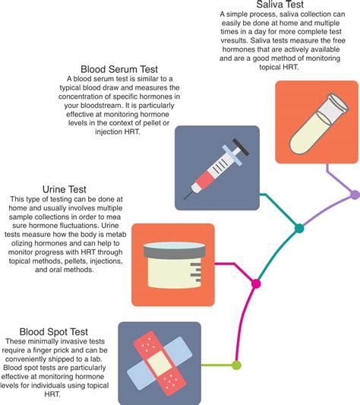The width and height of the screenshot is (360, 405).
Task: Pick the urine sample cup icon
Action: point(172,258)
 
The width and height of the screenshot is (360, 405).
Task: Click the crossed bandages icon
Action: point(159,362)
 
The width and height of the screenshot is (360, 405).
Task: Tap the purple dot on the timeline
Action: point(354,195)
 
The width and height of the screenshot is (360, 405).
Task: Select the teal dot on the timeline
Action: point(299,228)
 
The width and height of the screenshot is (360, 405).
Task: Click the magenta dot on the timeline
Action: point(256,284)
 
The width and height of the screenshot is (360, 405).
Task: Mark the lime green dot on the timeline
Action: point(236,365)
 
